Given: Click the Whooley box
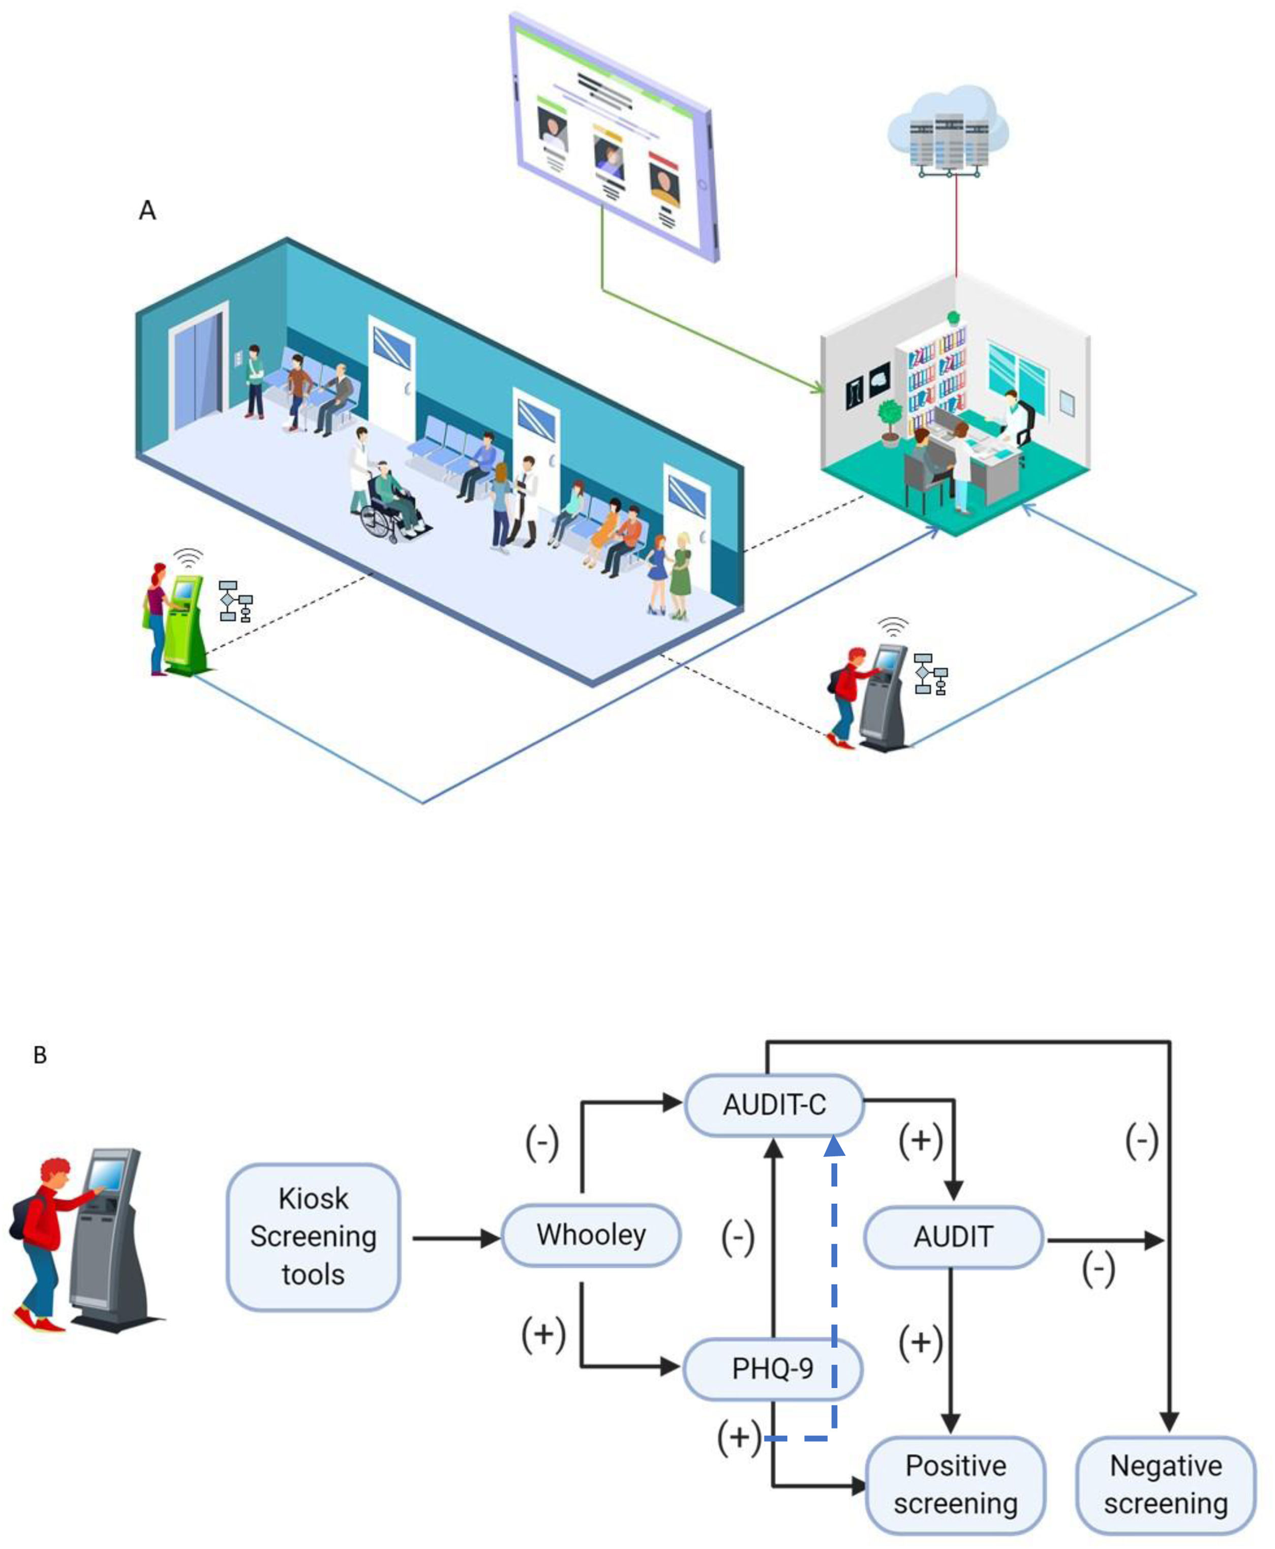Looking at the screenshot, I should click(x=591, y=1235).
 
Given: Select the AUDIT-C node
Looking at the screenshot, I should click(x=774, y=1105).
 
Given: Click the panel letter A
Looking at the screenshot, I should click(x=147, y=210).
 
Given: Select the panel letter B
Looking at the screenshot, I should click(x=40, y=1055).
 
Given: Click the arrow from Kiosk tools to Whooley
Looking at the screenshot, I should click(x=456, y=1238).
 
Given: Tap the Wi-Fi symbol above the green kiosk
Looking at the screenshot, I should click(x=189, y=558).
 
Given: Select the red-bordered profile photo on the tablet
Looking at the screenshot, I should click(x=664, y=180).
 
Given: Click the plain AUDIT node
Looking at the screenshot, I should click(x=953, y=1237).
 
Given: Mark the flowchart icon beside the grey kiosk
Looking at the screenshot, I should click(x=930, y=673).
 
